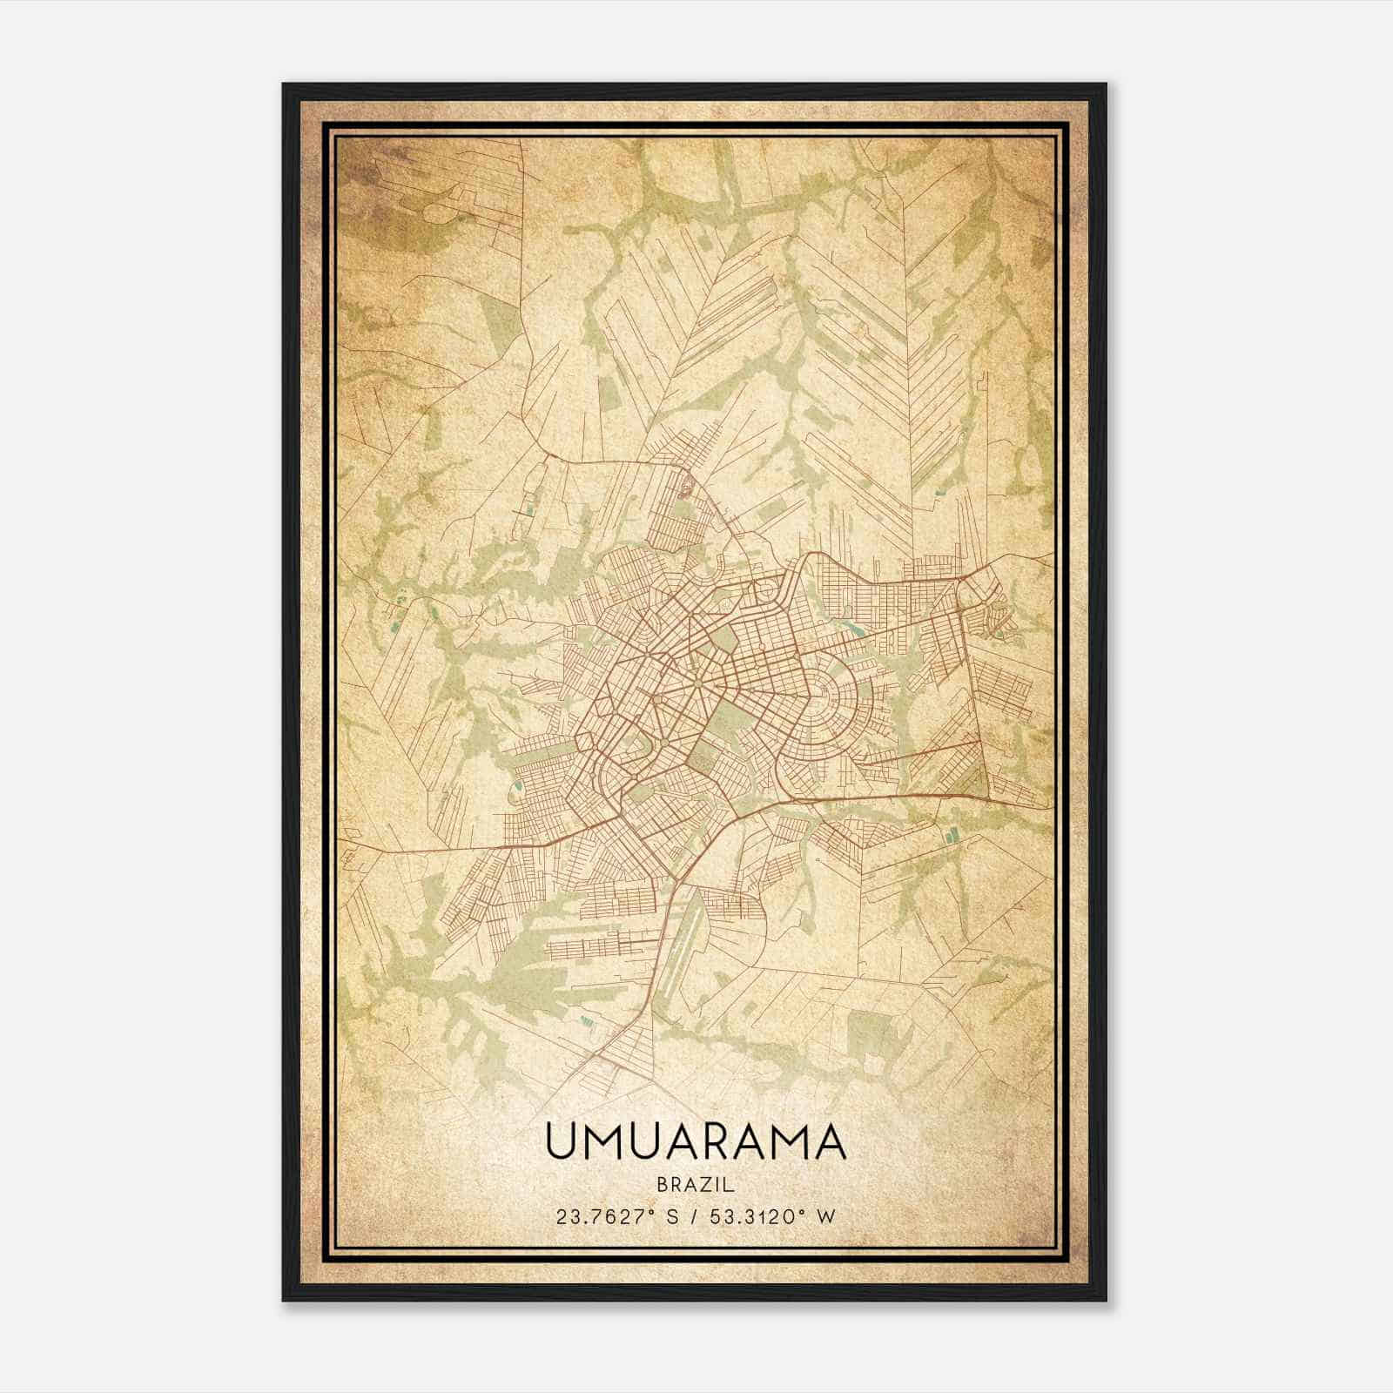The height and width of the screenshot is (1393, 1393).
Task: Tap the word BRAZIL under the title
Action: tap(696, 1185)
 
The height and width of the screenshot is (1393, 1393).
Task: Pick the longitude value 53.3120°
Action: tap(750, 1216)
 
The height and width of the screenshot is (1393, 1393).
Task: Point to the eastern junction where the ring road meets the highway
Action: tap(990, 794)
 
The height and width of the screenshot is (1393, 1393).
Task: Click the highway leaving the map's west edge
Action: tap(348, 852)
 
